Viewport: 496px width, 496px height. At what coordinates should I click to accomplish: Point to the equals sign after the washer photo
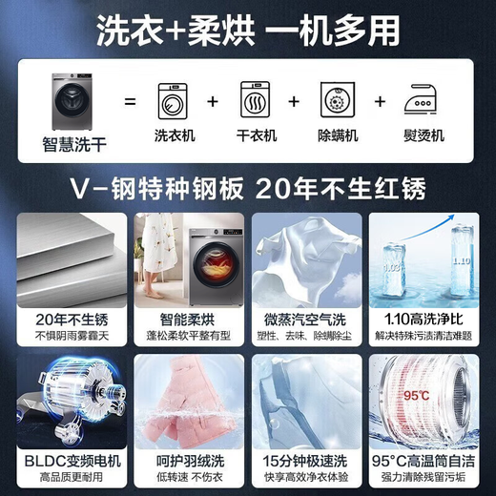131,101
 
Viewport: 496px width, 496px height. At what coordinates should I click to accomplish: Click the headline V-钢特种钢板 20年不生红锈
247,187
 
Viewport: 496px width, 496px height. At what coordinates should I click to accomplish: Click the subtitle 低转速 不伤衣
187,480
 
